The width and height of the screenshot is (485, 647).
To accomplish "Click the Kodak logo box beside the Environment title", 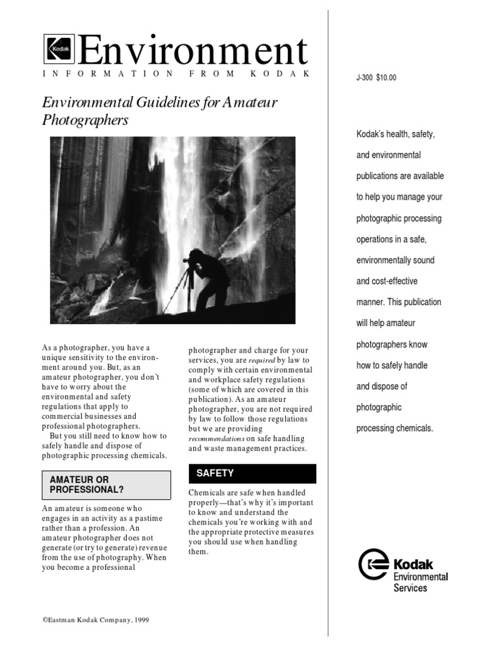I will pyautogui.click(x=59, y=49).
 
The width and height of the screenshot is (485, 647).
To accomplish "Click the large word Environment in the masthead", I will pyautogui.click(x=193, y=51).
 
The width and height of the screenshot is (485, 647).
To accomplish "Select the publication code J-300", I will pyautogui.click(x=364, y=78).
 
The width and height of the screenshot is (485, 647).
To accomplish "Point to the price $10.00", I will pyautogui.click(x=386, y=78).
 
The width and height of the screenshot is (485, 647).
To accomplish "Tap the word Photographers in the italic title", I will pyautogui.click(x=85, y=120).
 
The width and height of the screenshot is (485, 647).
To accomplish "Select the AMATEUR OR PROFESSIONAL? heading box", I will pyautogui.click(x=106, y=485).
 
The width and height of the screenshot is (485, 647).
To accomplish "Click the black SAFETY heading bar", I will pyautogui.click(x=253, y=473).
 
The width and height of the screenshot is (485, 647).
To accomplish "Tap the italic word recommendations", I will pyautogui.click(x=216, y=438).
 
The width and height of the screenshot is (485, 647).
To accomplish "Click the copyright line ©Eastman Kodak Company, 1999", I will pyautogui.click(x=96, y=620).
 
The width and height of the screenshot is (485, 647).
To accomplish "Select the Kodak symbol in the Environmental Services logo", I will pyautogui.click(x=373, y=564).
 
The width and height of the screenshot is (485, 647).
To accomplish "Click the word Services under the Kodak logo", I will pyautogui.click(x=410, y=588).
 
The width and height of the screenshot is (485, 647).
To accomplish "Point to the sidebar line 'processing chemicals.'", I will pyautogui.click(x=395, y=428).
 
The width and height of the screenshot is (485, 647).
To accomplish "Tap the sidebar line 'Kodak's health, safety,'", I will pyautogui.click(x=395, y=134).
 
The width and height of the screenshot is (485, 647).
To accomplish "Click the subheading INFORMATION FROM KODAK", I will pyautogui.click(x=176, y=74).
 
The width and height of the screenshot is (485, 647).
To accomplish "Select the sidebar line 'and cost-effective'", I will pyautogui.click(x=386, y=281).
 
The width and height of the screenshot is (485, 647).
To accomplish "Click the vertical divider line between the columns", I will pyautogui.click(x=328, y=316).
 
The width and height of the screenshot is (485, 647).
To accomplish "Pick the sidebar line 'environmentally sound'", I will pyautogui.click(x=395, y=260).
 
